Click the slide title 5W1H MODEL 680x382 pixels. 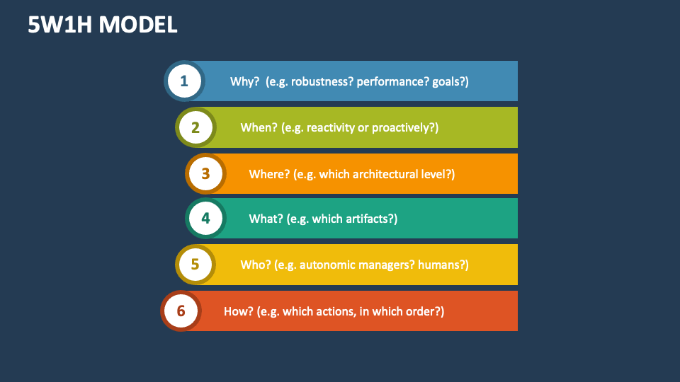(102, 25)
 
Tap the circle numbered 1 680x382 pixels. (184, 81)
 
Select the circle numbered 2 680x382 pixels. (195, 127)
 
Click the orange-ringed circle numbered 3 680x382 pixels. (205, 173)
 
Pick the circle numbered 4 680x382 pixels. (205, 219)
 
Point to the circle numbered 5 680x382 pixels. (195, 265)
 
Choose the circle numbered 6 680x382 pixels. (181, 311)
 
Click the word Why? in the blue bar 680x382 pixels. (245, 81)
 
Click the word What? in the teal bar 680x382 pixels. (266, 219)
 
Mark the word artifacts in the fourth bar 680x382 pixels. (370, 219)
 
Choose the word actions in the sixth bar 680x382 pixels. (335, 311)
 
